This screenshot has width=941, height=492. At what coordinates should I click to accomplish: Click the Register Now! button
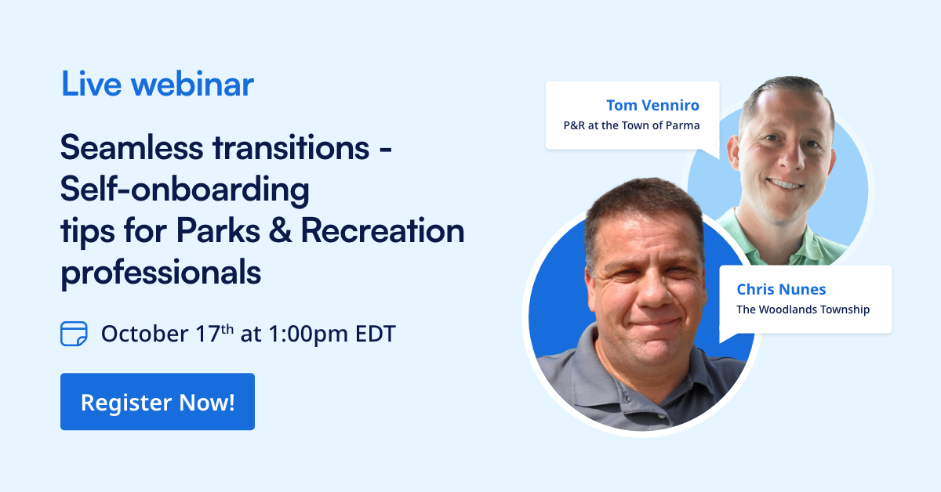click(x=158, y=402)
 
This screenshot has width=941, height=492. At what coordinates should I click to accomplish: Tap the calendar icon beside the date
click(x=73, y=333)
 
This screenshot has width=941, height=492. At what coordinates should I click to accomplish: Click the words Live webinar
click(x=158, y=85)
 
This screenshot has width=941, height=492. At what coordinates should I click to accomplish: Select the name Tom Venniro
click(x=652, y=105)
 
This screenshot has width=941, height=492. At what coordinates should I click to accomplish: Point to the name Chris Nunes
click(x=781, y=289)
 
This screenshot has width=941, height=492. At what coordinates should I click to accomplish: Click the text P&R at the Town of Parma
click(x=631, y=125)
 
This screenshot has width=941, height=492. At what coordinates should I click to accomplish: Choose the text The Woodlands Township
click(x=803, y=309)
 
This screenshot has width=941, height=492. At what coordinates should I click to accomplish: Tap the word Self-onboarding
click(x=185, y=189)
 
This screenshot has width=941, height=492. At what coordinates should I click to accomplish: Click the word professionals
click(x=161, y=272)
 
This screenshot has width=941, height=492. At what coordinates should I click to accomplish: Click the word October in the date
click(x=144, y=334)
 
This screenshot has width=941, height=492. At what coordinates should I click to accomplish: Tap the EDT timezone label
click(x=372, y=334)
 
